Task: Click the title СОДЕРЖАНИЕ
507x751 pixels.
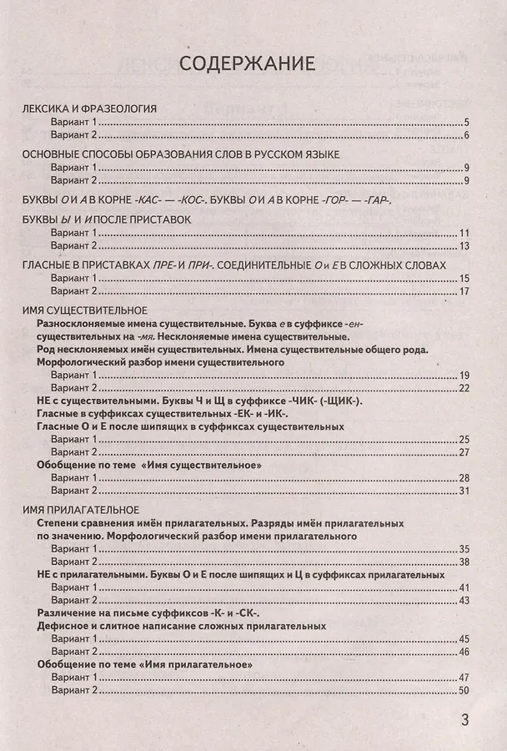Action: [245, 63]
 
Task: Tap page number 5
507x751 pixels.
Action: [468, 123]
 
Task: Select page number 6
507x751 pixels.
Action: [468, 136]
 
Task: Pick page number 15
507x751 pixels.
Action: [465, 278]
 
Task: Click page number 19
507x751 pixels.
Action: [465, 375]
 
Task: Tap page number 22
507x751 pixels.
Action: [464, 389]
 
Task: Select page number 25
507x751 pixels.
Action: [464, 440]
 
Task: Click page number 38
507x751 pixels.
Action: [464, 562]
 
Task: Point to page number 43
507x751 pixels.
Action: [464, 600]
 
